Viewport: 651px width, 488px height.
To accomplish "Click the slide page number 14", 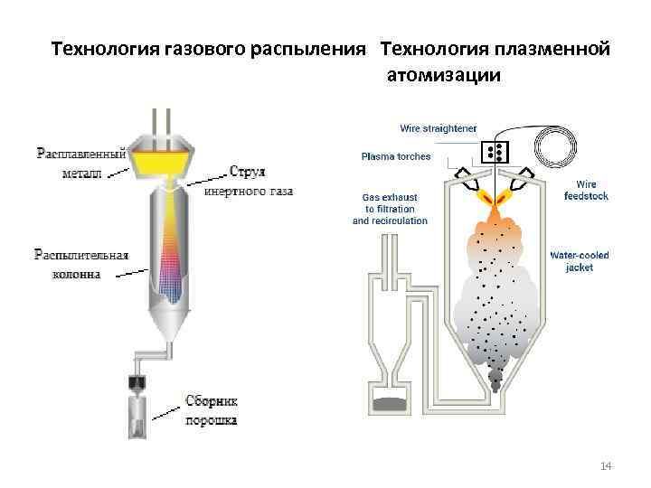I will [606, 465].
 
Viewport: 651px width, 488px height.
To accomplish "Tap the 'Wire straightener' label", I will [438, 128].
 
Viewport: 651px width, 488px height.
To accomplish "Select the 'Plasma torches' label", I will [396, 156].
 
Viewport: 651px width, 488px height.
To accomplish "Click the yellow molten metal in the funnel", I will [162, 163].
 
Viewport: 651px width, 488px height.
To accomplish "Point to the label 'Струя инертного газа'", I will [249, 181].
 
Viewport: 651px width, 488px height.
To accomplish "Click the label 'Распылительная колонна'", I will [81, 262].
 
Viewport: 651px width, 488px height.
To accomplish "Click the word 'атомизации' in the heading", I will [442, 75].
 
